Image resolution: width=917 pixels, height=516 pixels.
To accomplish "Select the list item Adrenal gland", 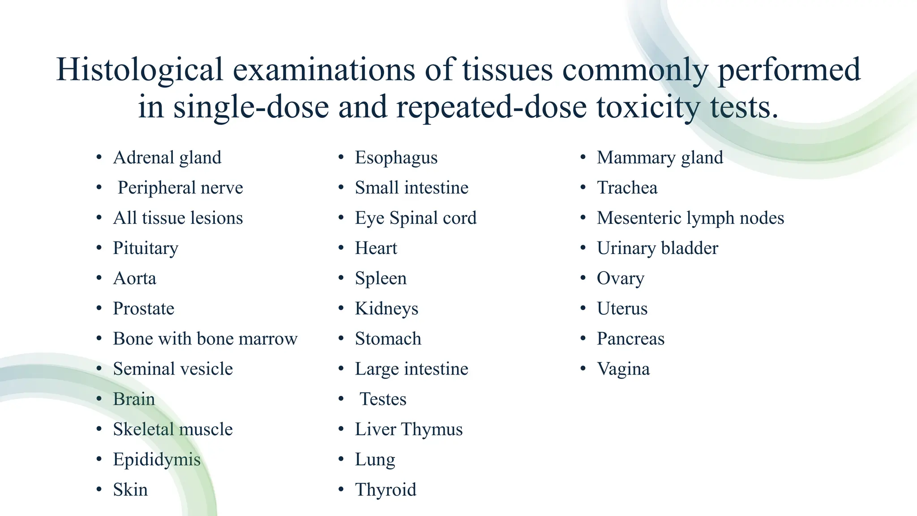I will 167,158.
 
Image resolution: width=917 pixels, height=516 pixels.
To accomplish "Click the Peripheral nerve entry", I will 180,188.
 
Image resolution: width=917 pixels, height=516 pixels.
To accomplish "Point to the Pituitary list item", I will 146,248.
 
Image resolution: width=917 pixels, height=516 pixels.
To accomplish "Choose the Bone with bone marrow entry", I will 205,339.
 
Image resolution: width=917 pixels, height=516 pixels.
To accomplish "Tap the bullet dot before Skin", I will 99,490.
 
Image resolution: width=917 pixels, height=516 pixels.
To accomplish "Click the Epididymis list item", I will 157,460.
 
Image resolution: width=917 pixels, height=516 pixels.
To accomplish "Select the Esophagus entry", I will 396,158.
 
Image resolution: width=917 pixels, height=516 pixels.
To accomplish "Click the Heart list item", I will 376,248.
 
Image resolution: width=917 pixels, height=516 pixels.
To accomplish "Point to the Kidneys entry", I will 386,309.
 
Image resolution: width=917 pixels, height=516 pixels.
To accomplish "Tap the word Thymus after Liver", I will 432,429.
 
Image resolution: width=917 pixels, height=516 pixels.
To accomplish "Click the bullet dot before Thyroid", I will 341,490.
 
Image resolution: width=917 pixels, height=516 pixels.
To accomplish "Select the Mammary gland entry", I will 660,158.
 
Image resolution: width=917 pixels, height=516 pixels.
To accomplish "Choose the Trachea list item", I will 627,188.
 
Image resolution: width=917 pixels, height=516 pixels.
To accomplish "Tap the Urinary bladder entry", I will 657,248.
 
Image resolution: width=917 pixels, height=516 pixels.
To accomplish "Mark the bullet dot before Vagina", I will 583,369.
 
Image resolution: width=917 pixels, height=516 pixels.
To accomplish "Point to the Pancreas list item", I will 630,339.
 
